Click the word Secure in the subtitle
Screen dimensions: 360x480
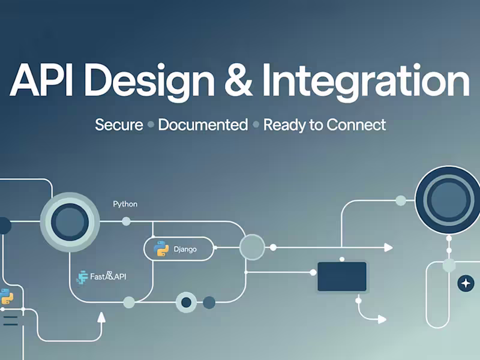[x=119, y=125]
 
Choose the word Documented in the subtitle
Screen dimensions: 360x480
[x=203, y=125]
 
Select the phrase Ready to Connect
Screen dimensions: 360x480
[x=325, y=125]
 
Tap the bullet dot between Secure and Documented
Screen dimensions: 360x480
[x=151, y=125]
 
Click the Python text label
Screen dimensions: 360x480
[x=125, y=204]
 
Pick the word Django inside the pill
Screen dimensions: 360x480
[x=185, y=248]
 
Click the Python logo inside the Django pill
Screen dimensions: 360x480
[x=160, y=248]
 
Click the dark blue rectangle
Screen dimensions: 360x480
[x=341, y=276]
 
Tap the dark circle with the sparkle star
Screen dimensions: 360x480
[x=465, y=283]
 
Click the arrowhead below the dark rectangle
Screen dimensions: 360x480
[x=382, y=319]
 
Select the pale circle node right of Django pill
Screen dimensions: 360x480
[x=252, y=247]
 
